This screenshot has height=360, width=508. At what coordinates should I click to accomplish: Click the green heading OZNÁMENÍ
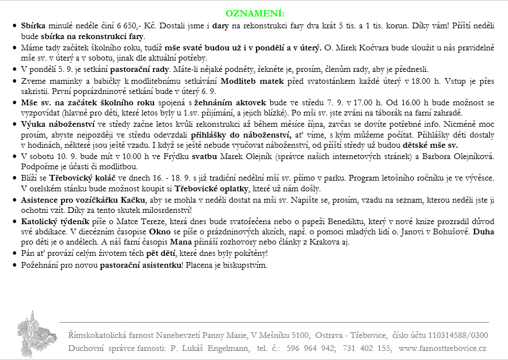coord(254,12)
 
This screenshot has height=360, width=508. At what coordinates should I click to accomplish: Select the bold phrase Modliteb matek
coord(249,81)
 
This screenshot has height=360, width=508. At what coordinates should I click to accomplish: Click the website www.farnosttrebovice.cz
coord(442,348)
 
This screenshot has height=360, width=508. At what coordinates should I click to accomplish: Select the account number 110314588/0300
coord(455,335)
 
